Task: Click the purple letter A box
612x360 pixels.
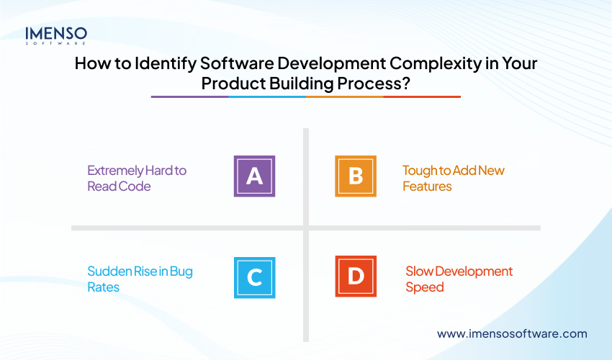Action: (254, 176)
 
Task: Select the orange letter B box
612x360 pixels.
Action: (356, 176)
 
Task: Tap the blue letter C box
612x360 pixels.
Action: (254, 276)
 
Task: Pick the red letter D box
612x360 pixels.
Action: (356, 276)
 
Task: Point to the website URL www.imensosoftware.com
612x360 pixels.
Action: (512, 333)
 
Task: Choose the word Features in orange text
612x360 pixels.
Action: (427, 186)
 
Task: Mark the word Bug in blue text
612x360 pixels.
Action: (181, 271)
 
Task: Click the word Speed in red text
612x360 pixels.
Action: (424, 287)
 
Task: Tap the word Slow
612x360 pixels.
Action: (419, 271)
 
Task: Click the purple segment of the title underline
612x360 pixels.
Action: (189, 96)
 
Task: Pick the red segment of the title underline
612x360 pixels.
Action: (422, 96)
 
